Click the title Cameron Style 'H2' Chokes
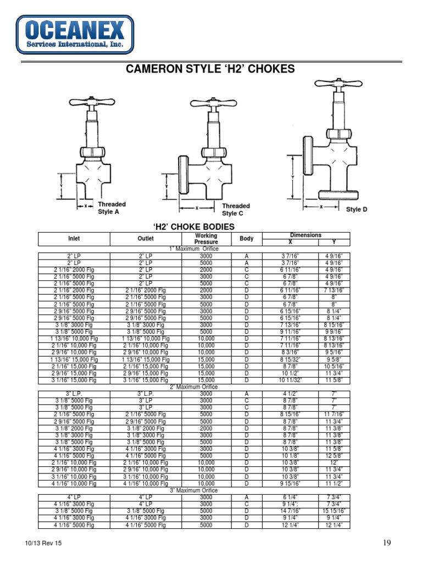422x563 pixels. point(210,69)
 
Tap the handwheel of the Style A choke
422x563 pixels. point(91,104)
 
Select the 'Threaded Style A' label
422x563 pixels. point(112,208)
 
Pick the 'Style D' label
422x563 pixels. point(357,209)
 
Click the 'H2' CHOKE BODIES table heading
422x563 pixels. point(193,227)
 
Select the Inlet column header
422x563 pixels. point(74,239)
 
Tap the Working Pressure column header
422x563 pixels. point(206,239)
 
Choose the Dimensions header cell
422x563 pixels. point(306,235)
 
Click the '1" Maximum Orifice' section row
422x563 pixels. point(193,249)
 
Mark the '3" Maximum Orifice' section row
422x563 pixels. point(193,490)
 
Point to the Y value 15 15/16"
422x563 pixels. point(334,511)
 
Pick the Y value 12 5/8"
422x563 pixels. point(334,456)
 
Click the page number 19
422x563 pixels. point(387,543)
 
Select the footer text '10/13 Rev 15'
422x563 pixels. point(43,544)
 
